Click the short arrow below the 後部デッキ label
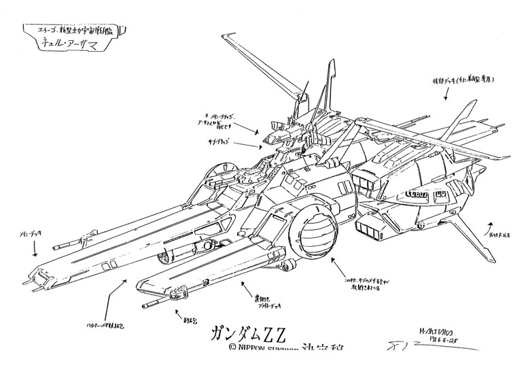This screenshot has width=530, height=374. pos(446,95)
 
